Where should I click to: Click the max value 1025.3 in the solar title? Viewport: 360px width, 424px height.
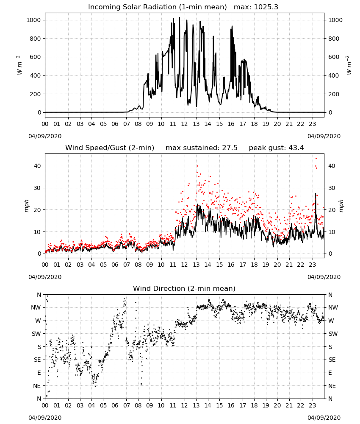[x=266, y=7]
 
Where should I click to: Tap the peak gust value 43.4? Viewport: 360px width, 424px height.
[x=296, y=148]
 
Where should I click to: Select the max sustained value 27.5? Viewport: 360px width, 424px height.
[x=230, y=148]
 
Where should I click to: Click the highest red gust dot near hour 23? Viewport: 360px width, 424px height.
[x=316, y=159]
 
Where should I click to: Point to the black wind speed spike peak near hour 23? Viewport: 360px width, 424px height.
[x=316, y=193]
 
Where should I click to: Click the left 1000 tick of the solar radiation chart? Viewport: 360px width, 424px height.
[x=33, y=20]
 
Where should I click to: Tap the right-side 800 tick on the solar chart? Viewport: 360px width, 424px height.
[x=334, y=39]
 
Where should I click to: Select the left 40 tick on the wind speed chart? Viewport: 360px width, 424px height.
[x=37, y=166]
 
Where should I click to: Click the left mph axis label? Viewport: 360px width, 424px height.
[x=26, y=206]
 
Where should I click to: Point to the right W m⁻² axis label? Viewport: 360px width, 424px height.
[x=349, y=65]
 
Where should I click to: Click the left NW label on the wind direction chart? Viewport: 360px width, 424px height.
[x=36, y=308]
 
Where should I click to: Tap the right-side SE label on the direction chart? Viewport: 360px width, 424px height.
[x=332, y=360]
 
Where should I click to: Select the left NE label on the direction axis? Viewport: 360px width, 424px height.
[x=37, y=386]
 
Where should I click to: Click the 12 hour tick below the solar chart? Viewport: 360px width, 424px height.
[x=185, y=124]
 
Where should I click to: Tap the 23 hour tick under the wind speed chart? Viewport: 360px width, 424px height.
[x=313, y=265]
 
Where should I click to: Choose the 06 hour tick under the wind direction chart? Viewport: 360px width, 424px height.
[x=115, y=406]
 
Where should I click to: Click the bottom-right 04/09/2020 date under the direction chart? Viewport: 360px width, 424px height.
[x=324, y=418]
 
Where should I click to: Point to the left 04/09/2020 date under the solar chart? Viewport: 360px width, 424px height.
[x=45, y=136]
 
